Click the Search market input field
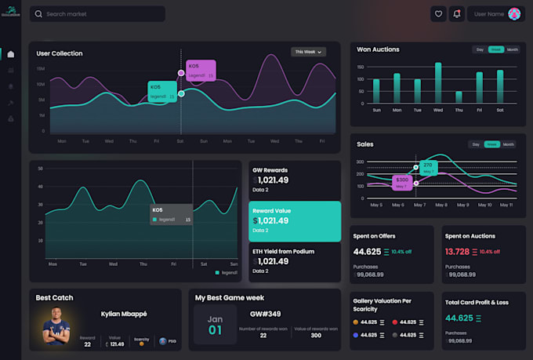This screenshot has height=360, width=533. click(x=97, y=14)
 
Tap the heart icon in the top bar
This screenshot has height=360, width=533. click(x=438, y=13)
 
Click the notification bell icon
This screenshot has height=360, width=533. click(x=457, y=13)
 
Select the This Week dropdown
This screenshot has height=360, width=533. click(x=308, y=52)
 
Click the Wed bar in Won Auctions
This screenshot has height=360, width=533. click(x=437, y=84)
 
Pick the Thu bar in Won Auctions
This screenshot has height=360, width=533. click(x=459, y=98)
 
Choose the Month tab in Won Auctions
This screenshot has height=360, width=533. click(x=512, y=49)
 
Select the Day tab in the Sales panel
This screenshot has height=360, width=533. click(x=475, y=144)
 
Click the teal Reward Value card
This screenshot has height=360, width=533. click(x=295, y=221)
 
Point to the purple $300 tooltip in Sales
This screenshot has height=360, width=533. click(x=402, y=181)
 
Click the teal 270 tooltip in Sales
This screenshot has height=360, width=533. click(x=427, y=166)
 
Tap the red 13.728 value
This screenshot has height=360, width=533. click(x=457, y=252)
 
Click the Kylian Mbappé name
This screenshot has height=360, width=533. click(x=124, y=314)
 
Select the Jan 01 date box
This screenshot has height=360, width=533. click(x=215, y=325)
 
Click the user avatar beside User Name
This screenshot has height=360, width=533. click(x=514, y=13)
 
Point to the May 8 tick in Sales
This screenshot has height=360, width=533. click(x=441, y=205)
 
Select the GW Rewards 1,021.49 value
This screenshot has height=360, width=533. click(x=273, y=180)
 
